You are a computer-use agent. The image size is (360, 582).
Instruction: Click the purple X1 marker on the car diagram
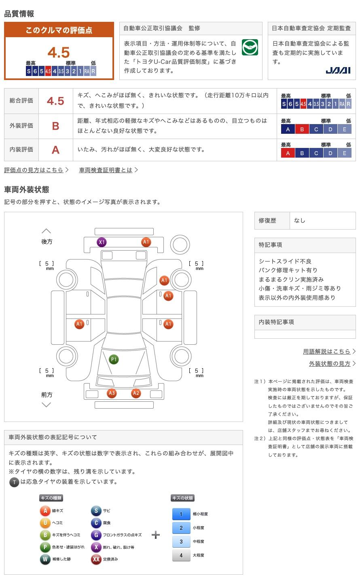102,242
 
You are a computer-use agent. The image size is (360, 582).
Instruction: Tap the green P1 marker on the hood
114,359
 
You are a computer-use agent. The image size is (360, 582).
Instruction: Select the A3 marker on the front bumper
112,393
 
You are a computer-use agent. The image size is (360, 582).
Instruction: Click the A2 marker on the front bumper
136,393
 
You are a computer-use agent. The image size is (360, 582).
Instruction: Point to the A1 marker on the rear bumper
146,242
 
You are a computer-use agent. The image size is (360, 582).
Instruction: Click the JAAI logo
338,70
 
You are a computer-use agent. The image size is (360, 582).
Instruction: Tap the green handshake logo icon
250,47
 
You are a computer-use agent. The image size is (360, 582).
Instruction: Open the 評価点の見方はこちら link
34,170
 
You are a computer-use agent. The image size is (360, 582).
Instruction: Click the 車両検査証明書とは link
106,170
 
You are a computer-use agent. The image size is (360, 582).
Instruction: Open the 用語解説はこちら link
326,352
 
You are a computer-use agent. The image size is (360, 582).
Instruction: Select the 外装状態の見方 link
330,364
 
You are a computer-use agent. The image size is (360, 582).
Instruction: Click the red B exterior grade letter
55,126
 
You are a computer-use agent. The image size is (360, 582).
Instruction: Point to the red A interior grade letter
55,150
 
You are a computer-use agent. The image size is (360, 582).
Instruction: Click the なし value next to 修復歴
299,221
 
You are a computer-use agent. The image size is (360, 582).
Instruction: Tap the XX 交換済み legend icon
96,559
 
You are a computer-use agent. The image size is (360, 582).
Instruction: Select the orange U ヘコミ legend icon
45,523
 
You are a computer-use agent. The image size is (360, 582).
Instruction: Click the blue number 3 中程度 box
181,542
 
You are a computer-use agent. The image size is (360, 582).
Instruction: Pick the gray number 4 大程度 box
181,555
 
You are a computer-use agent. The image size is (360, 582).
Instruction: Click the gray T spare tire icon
14,482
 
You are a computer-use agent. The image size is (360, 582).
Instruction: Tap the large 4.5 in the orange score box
59,53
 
